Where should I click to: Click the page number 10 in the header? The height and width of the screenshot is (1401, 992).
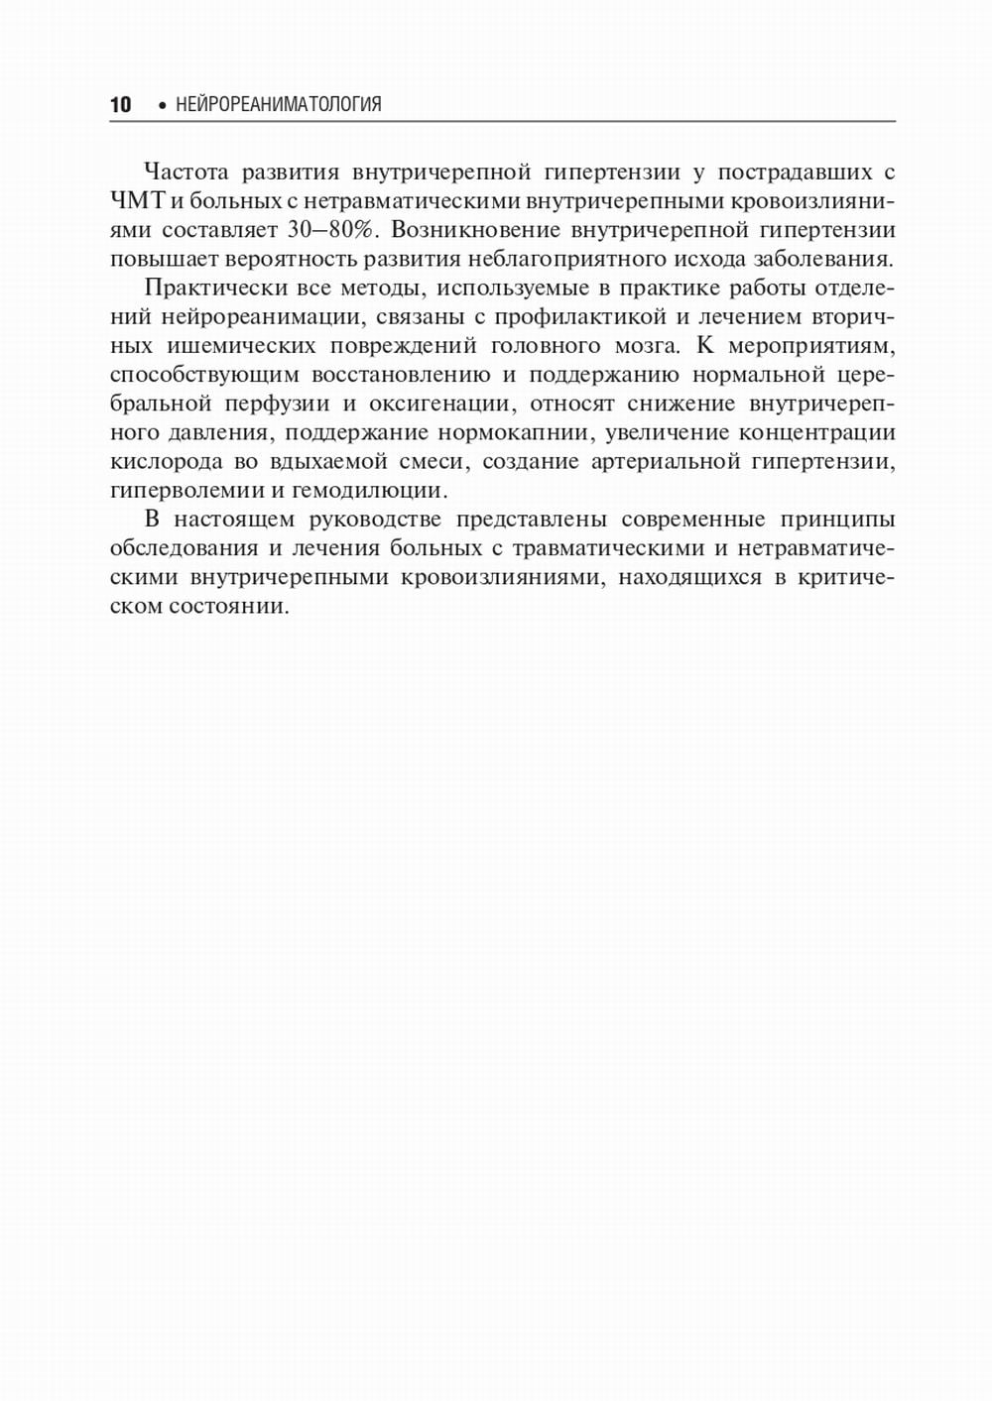(x=120, y=105)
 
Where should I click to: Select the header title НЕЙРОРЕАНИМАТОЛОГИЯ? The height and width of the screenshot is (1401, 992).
(x=278, y=105)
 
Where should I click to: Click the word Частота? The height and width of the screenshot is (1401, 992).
(x=186, y=173)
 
